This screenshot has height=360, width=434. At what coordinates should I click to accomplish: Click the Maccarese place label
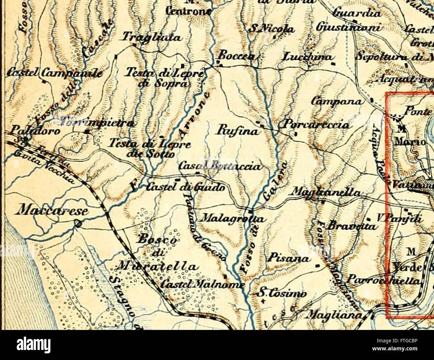(x=53, y=211)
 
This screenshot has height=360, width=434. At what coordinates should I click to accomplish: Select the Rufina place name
(x=238, y=131)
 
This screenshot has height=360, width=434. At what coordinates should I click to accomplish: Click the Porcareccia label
(x=316, y=125)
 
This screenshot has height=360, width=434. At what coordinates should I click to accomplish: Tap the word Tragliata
(x=152, y=37)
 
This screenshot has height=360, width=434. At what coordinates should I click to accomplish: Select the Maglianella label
(x=326, y=192)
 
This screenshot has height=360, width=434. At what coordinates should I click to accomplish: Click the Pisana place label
(x=288, y=258)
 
